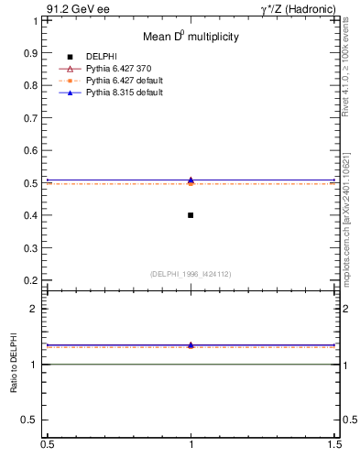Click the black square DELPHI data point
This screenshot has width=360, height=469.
click(x=191, y=215)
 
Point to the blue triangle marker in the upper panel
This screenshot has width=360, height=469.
click(x=191, y=180)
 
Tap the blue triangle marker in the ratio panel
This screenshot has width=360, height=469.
click(x=191, y=344)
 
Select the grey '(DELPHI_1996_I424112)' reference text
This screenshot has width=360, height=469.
click(x=190, y=273)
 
